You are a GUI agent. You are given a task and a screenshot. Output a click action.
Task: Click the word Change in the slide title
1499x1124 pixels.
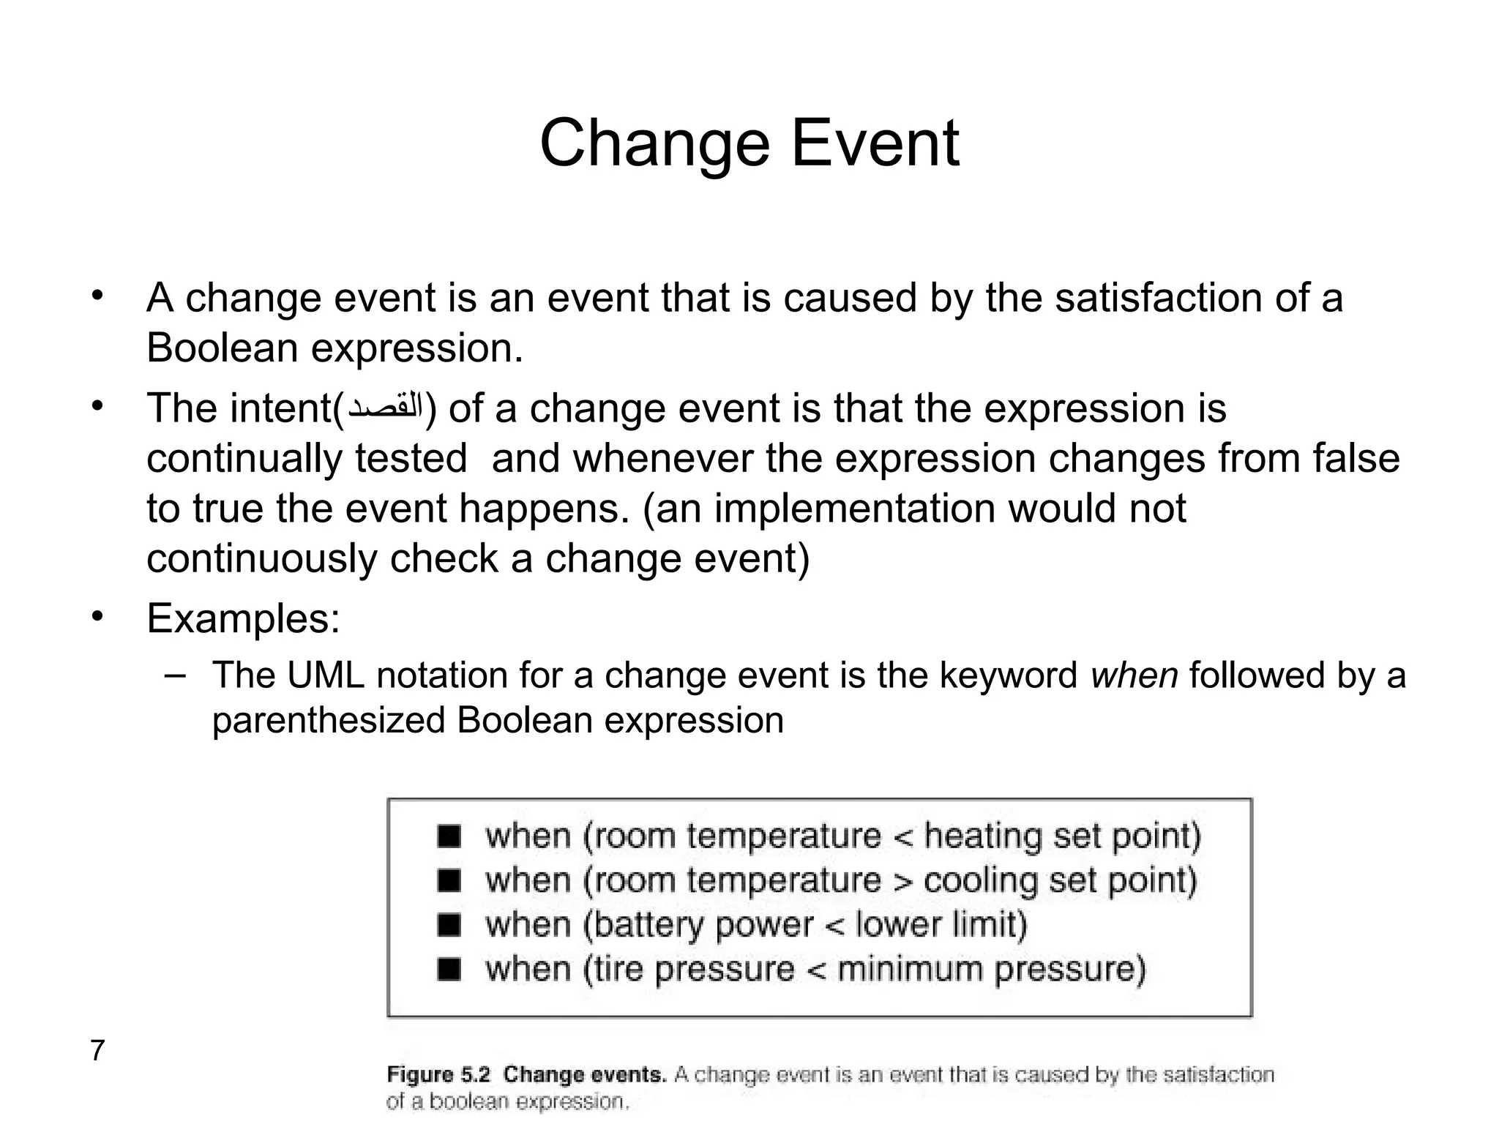[654, 145]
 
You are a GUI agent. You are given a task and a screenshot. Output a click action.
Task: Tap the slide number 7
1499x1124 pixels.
[97, 1051]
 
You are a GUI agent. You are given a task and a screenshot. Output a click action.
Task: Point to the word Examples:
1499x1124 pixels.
[243, 618]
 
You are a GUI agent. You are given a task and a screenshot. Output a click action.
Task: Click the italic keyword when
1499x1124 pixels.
[1134, 675]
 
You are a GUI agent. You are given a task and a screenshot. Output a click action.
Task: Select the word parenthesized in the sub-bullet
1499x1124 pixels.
[328, 720]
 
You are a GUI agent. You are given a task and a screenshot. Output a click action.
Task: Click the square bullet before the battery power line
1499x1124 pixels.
[449, 925]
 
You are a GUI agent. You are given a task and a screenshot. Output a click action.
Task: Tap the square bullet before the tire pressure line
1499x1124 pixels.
[449, 970]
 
